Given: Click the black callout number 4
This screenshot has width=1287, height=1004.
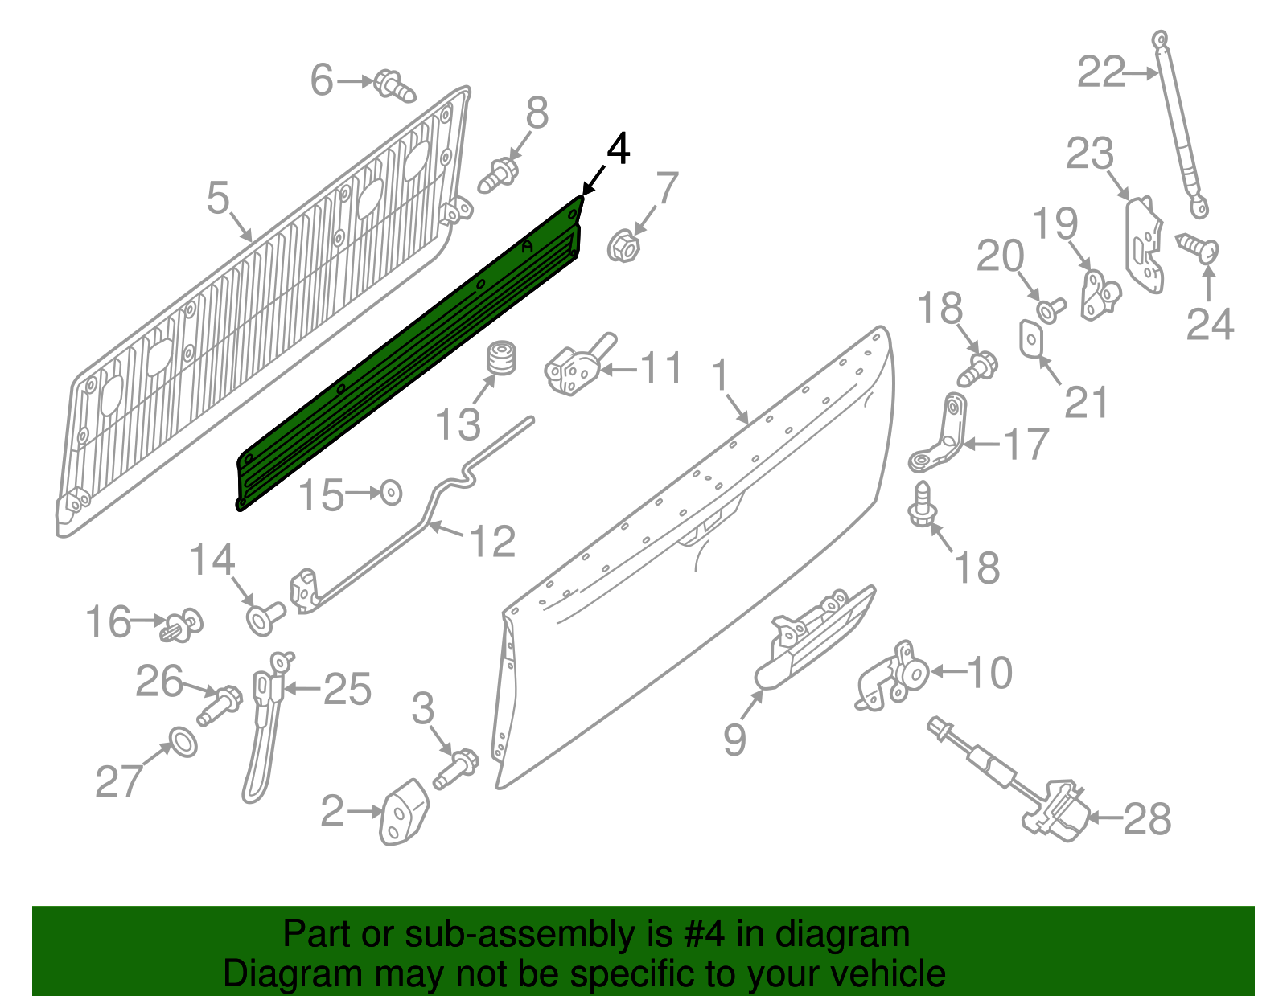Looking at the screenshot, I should (618, 150).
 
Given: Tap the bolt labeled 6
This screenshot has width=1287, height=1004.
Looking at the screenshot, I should (395, 86).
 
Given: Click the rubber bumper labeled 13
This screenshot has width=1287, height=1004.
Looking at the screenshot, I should (502, 358).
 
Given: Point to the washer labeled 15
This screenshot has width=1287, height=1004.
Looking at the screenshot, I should (391, 492).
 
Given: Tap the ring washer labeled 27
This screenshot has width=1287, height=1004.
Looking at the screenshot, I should (183, 741).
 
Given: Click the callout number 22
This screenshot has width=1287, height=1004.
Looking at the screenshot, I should (1100, 73).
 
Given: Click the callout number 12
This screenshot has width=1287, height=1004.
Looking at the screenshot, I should (491, 542).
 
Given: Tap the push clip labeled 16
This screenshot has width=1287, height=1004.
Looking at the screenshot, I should (182, 625).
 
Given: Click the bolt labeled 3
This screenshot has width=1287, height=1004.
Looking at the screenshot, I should (456, 768).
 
